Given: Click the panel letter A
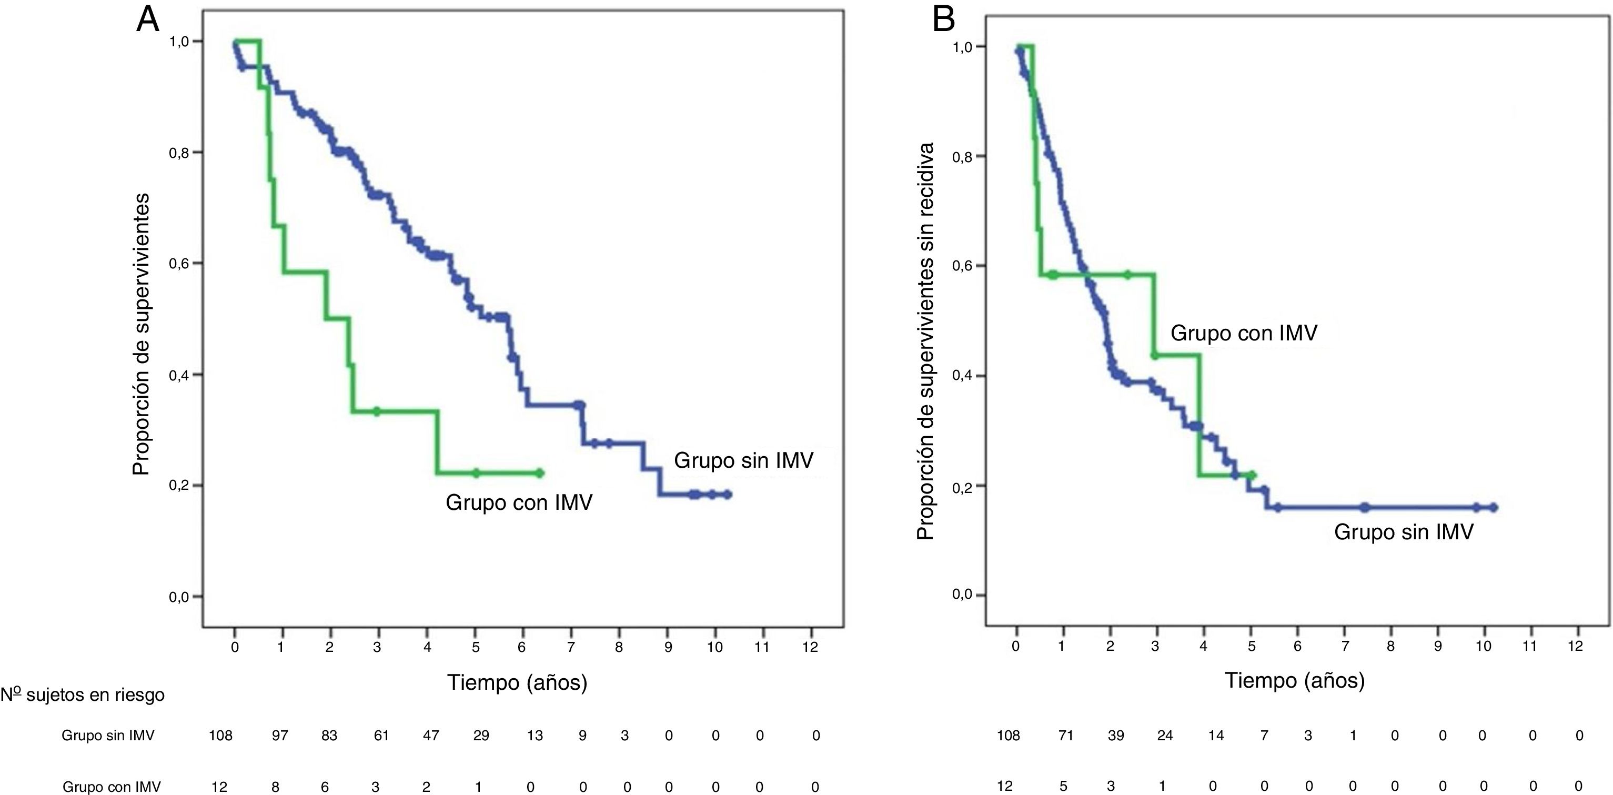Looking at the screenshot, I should tap(148, 20).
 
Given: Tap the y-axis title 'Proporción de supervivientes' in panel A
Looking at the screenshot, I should tap(142, 334).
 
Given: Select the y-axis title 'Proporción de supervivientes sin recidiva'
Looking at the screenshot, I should tap(925, 340).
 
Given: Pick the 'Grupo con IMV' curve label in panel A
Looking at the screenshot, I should tap(519, 502).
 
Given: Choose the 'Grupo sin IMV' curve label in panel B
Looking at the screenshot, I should tap(1403, 532).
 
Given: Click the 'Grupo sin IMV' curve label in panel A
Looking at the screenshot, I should tap(743, 461).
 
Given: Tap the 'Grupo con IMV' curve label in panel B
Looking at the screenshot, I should tap(1244, 333).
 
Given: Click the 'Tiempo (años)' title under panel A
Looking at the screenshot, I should tap(517, 682).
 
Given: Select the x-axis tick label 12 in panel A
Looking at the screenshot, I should tap(810, 647).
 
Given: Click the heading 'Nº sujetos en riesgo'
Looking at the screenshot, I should tap(83, 695).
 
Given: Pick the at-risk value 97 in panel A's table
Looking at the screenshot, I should tap(280, 736).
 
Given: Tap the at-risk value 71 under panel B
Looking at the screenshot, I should tap(1066, 736).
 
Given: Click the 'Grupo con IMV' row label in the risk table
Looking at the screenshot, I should tap(112, 787).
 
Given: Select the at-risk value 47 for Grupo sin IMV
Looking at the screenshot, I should tap(431, 736).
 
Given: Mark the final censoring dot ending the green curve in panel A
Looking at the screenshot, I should tap(540, 473).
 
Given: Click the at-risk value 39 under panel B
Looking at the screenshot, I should tap(1116, 736).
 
